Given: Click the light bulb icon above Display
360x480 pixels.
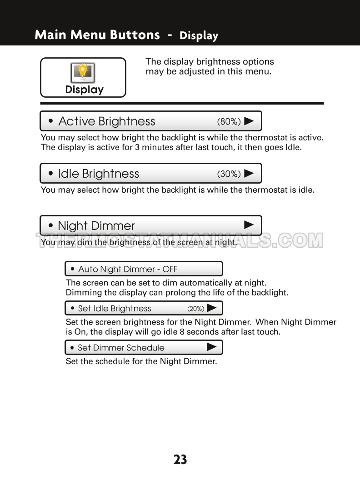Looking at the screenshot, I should (83, 72).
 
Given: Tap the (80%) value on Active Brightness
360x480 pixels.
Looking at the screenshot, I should (229, 121).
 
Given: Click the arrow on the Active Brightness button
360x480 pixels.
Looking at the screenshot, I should (249, 121).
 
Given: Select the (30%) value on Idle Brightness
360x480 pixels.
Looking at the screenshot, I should (229, 174).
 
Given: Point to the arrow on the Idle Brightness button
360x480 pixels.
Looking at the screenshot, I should (249, 173).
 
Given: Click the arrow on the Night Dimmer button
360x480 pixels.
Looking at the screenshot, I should (249, 225).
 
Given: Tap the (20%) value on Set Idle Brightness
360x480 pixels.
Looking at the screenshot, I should (196, 309).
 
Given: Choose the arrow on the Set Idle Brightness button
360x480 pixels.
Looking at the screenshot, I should (211, 308).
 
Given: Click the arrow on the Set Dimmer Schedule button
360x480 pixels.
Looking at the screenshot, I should (211, 347).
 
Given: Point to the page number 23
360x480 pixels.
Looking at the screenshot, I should (180, 460).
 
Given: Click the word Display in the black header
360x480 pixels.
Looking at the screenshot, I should (199, 35).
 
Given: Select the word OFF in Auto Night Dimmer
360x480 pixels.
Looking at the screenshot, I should (170, 269).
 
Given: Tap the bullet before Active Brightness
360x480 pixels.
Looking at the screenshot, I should (51, 121).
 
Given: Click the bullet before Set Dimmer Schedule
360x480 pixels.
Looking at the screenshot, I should (72, 348).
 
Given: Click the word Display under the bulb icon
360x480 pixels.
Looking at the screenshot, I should (84, 90).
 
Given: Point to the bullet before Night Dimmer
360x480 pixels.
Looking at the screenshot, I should (51, 225).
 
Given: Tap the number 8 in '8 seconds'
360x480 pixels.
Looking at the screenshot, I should (182, 332).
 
